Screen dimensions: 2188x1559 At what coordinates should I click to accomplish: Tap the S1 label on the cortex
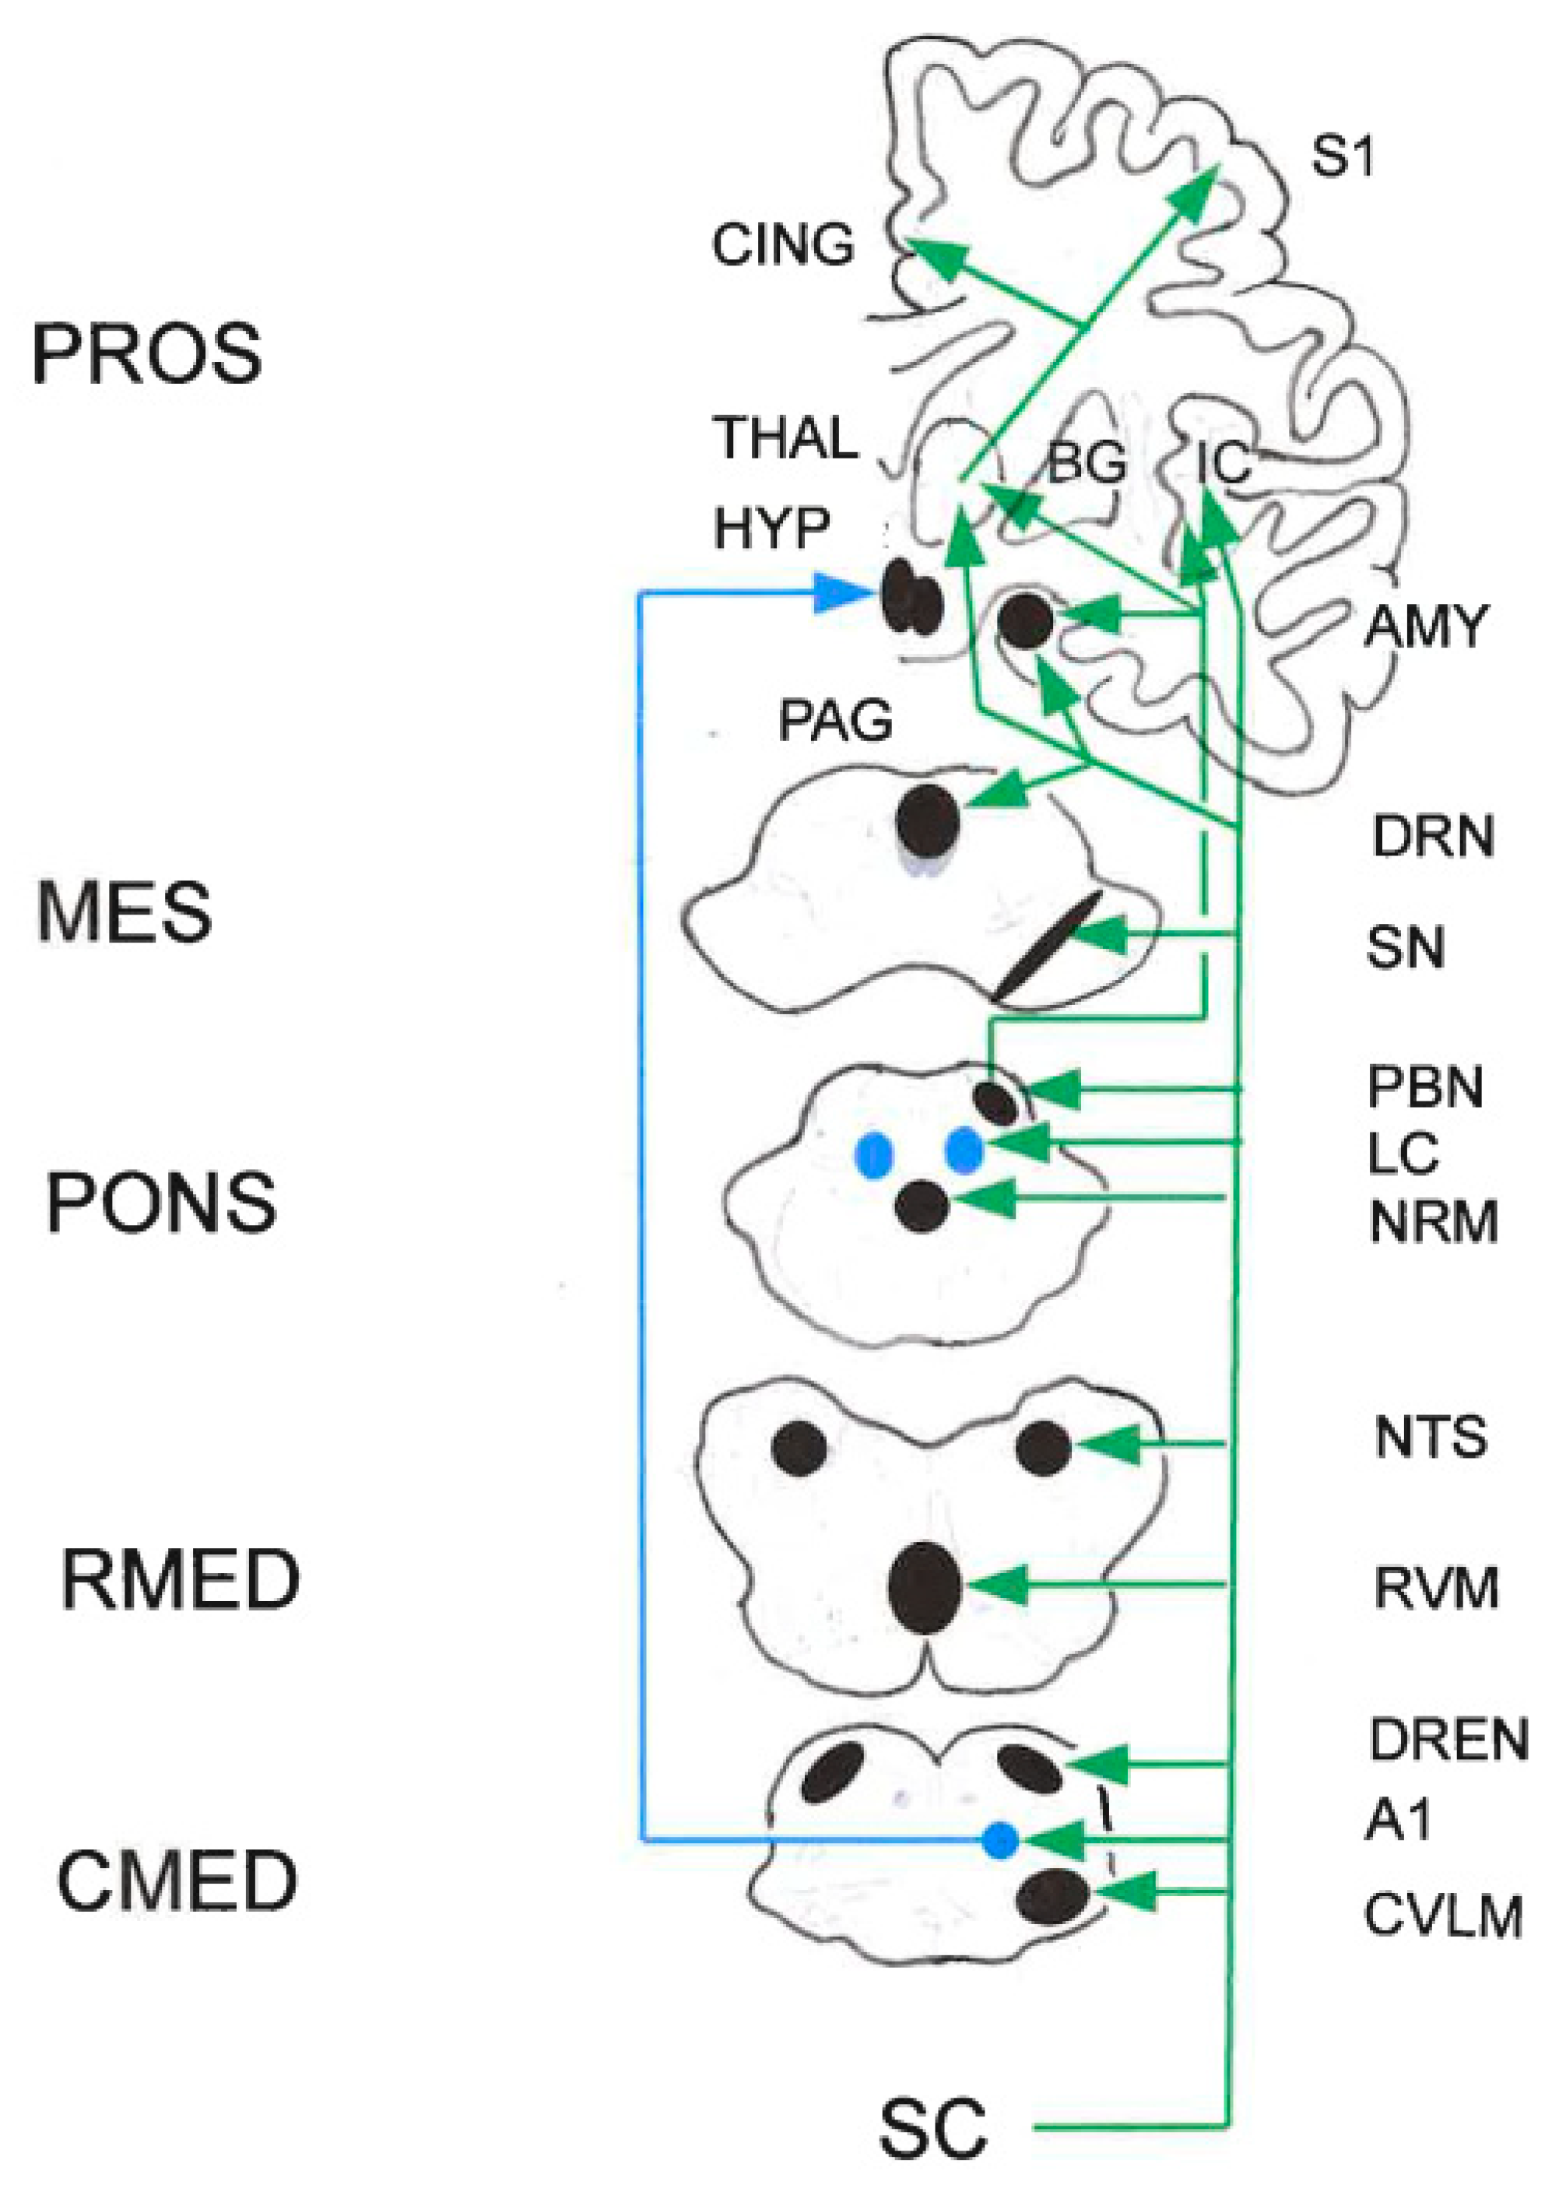pos(1342,156)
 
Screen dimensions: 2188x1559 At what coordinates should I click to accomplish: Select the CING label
pos(782,245)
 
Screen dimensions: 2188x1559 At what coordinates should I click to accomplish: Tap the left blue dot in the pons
pos(873,1155)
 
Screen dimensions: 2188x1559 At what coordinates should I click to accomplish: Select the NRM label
pos(1433,1222)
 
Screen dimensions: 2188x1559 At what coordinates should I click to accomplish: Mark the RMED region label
pos(181,1580)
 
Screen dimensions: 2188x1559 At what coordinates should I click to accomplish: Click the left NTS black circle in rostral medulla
pos(799,1447)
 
